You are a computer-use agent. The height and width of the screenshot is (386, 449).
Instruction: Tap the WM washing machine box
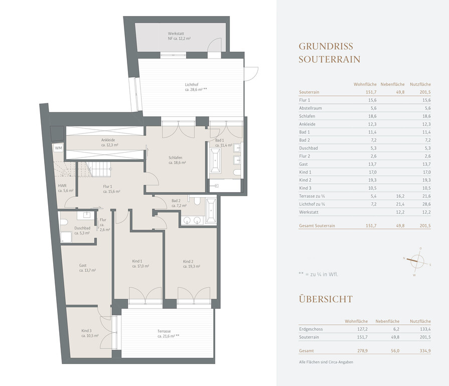click(58, 148)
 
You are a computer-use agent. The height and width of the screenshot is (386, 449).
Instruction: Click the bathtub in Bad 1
click(215, 161)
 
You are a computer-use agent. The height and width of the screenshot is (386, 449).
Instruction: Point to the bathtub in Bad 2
click(211, 211)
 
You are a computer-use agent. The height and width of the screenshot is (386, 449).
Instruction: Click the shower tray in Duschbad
click(66, 237)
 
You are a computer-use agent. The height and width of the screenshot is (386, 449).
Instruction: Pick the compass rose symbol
click(417, 261)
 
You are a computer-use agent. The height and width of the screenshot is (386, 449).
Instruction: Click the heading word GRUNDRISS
click(326, 46)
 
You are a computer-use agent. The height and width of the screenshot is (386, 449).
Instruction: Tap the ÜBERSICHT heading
click(326, 299)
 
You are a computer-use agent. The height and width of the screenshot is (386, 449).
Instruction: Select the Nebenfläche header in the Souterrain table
click(393, 84)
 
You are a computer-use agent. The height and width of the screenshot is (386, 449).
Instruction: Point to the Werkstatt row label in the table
click(309, 212)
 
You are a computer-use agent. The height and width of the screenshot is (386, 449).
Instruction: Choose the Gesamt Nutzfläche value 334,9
click(425, 351)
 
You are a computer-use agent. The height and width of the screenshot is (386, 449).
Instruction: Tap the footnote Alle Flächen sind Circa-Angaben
click(326, 362)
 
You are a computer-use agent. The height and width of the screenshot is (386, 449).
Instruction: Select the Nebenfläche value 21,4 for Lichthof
click(400, 204)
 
